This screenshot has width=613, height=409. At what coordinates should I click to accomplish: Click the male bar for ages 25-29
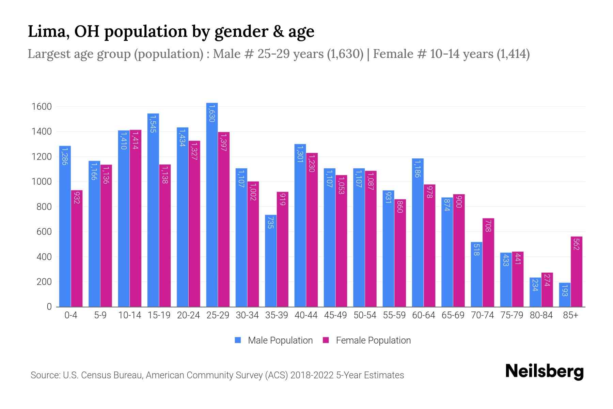click(212, 204)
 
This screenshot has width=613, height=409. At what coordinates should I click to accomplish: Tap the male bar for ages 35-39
click(271, 261)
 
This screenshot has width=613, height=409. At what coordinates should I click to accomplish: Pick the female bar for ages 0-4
click(77, 248)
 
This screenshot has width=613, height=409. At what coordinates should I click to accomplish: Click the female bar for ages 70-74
click(488, 262)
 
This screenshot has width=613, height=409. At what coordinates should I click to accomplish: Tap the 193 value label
click(565, 290)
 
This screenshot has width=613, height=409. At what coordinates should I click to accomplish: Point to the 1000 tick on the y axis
click(42, 182)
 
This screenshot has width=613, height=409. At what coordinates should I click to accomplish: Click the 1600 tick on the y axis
click(42, 107)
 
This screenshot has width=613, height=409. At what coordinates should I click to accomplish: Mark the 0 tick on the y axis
click(49, 307)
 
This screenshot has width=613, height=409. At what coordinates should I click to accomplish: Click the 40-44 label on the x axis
click(306, 315)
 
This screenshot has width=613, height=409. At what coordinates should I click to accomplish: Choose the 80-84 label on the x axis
click(541, 315)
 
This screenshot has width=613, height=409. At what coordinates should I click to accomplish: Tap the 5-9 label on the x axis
click(100, 315)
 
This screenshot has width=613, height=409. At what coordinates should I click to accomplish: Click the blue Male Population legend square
click(238, 340)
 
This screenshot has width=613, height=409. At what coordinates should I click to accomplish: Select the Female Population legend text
click(373, 340)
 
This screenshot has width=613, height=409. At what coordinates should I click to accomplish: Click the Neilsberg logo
click(544, 372)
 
